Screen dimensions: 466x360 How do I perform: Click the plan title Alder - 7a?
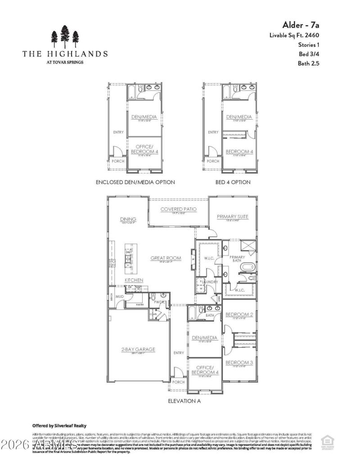click(301, 24)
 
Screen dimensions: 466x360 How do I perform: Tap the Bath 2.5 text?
click(308, 63)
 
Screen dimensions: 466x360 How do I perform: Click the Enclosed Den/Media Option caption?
click(135, 182)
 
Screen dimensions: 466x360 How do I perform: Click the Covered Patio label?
click(179, 209)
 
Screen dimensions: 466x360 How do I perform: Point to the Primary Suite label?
click(233, 217)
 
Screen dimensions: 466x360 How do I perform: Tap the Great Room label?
click(166, 258)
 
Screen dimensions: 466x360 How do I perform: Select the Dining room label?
click(128, 220)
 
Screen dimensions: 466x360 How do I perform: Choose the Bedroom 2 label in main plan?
click(239, 314)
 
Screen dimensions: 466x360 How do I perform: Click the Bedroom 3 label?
click(239, 363)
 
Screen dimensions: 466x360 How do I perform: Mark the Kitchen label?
click(134, 280)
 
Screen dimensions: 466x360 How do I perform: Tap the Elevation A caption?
click(184, 400)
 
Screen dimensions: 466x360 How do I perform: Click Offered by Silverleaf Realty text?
click(59, 426)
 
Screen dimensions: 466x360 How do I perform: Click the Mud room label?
click(120, 297)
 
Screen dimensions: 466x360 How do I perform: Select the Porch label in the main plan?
click(179, 382)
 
